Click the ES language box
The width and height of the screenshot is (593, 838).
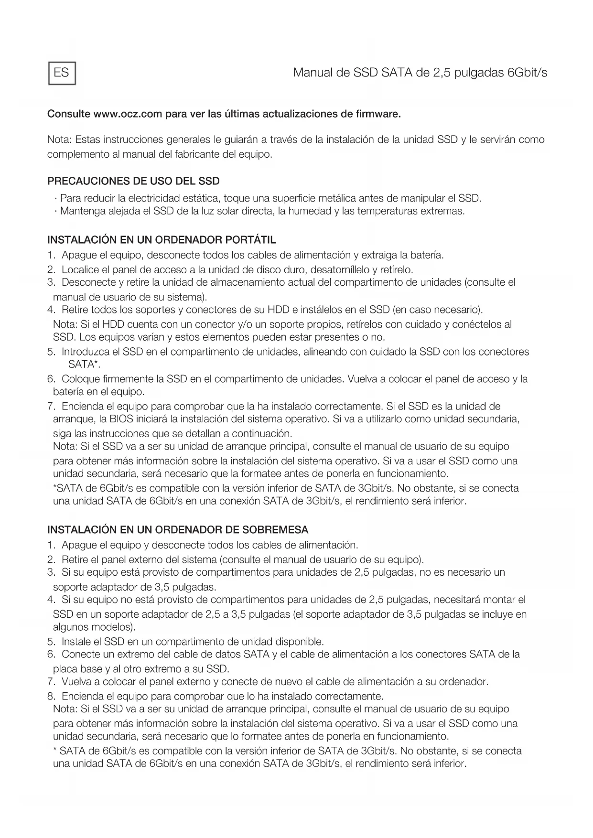tap(62, 73)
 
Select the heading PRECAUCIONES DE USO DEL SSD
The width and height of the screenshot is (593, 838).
tap(133, 182)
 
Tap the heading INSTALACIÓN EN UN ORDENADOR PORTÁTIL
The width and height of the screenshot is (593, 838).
tap(162, 239)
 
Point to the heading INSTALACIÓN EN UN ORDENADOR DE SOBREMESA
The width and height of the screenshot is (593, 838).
tap(178, 530)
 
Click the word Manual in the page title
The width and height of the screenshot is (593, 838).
tap(314, 73)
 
